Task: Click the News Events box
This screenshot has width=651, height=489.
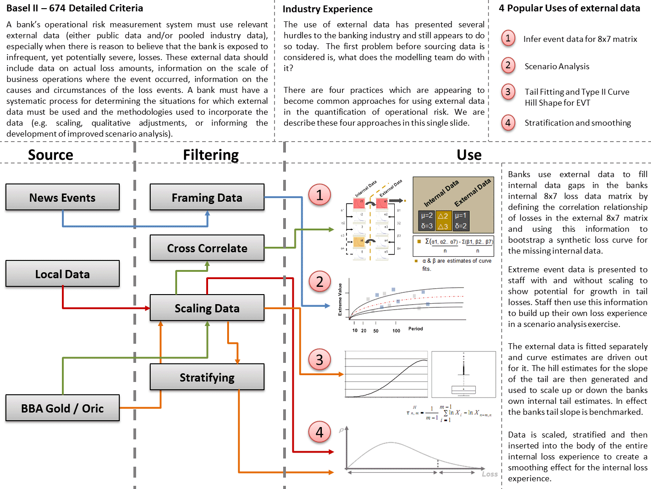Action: [62, 197]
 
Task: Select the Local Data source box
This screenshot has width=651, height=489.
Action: [62, 274]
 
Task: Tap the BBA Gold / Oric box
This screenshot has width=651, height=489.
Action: [62, 408]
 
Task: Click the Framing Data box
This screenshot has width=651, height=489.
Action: [207, 197]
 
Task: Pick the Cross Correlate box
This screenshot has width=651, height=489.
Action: [207, 248]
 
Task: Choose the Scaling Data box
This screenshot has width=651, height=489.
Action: [207, 308]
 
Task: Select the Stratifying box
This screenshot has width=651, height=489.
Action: [207, 377]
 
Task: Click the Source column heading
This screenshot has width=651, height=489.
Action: [51, 155]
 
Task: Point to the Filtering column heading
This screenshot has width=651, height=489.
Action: [211, 155]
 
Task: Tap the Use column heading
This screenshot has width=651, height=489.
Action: [469, 155]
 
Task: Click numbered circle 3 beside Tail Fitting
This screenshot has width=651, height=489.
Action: [508, 92]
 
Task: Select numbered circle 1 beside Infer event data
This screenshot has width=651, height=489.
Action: [508, 38]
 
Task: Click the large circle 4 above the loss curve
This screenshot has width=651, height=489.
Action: [320, 432]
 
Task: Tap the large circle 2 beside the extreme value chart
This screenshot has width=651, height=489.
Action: [320, 281]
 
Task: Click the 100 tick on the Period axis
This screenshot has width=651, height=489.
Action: [396, 331]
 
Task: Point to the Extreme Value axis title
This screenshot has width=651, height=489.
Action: [340, 300]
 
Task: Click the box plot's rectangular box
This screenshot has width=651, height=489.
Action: [463, 390]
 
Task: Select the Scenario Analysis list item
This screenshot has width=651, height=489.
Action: [557, 66]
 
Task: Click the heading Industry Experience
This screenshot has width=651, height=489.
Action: [327, 9]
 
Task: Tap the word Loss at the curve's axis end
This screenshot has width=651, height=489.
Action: [490, 474]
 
